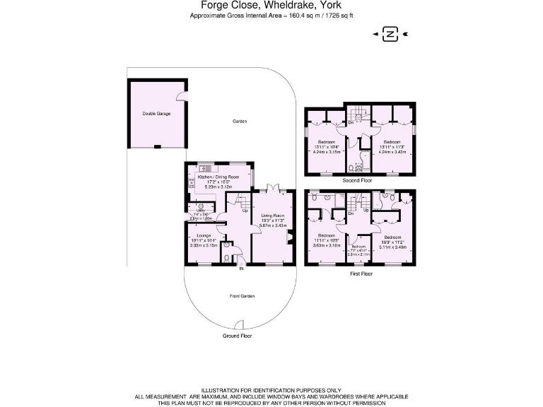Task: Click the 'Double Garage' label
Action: coord(156,113)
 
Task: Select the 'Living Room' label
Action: coord(272,215)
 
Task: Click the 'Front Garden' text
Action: coord(241,296)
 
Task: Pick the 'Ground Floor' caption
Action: coord(237,336)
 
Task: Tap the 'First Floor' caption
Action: coord(360,273)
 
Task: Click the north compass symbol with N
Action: coord(390,33)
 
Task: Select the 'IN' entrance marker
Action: coord(241,269)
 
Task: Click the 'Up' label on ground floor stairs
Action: coord(245,211)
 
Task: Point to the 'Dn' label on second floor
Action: coord(351,123)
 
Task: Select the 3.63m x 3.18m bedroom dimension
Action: coord(327,246)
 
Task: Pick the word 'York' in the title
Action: coord(329,5)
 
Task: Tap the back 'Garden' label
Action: coord(240,122)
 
